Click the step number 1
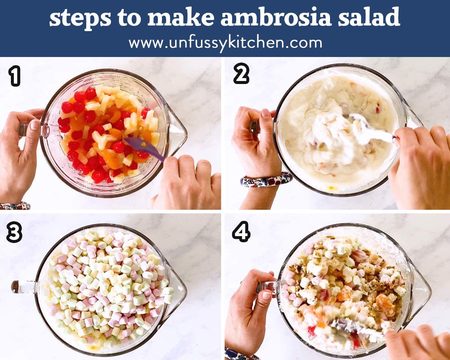tap(15, 76)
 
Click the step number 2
tap(241, 73)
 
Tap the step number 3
tap(14, 232)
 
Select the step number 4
tap(241, 232)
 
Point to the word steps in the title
tap(80, 19)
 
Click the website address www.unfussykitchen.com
tap(225, 43)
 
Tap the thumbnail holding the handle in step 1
tap(34, 125)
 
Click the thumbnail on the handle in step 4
tap(267, 295)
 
